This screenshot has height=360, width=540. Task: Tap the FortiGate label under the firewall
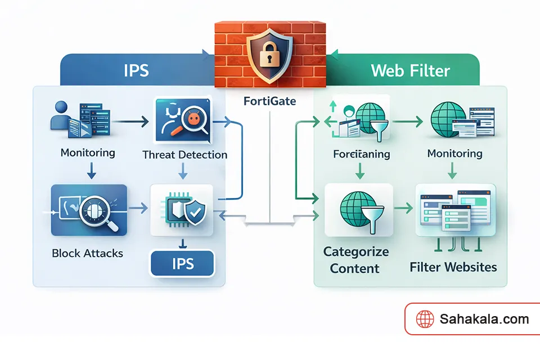[270, 102]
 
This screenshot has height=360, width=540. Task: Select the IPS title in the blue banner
[137, 70]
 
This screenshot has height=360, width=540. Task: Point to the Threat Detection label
[185, 155]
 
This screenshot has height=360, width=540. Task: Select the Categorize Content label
[356, 260]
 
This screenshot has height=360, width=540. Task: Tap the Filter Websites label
[453, 266]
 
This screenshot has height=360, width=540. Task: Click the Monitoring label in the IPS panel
[88, 152]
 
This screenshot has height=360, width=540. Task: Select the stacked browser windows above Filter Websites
[454, 210]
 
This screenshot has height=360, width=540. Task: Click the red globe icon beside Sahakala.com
[425, 319]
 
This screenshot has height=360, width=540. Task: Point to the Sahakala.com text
[484, 319]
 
